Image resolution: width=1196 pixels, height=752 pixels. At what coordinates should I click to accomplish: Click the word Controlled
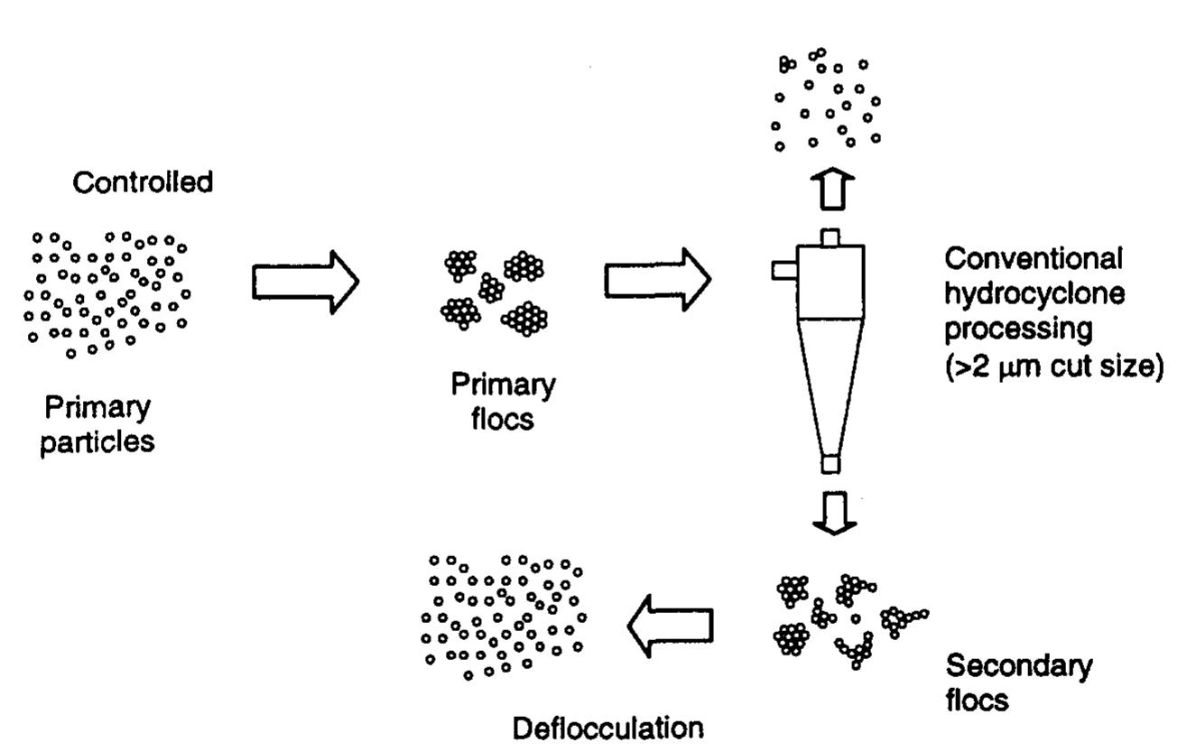tap(143, 183)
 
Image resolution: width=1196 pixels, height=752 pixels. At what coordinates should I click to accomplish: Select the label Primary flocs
tap(504, 402)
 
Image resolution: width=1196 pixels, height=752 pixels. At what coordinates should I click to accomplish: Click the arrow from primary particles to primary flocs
tap(305, 282)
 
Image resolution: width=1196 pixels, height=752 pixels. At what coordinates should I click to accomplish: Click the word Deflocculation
tap(607, 729)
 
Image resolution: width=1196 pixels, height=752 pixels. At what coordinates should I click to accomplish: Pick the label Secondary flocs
tap(1017, 683)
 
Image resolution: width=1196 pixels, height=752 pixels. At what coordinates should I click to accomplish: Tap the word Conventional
tap(1034, 259)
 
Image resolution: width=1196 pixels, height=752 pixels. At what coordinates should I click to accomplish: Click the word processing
tap(1017, 330)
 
